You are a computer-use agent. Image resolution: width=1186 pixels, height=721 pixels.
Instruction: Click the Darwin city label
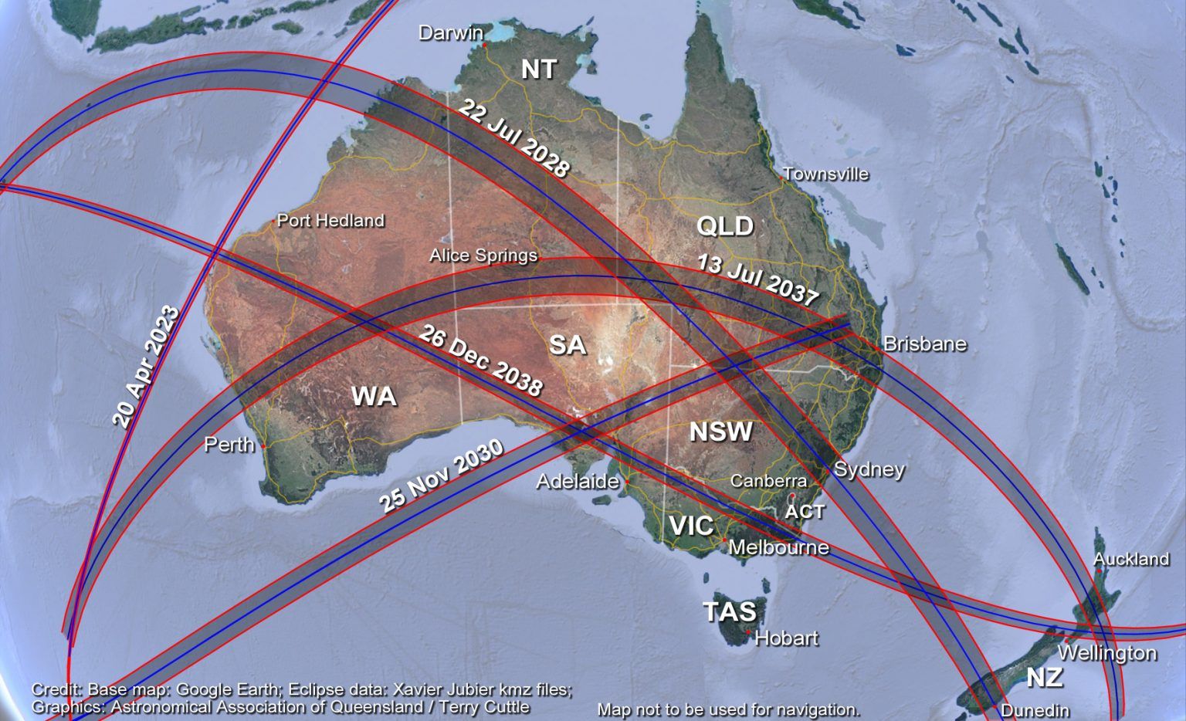click(x=451, y=33)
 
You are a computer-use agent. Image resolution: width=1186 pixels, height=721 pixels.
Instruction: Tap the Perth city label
click(x=229, y=445)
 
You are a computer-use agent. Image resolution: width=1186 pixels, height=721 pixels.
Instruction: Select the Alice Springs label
click(x=483, y=256)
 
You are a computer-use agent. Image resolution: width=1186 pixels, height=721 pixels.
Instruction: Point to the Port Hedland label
click(x=330, y=221)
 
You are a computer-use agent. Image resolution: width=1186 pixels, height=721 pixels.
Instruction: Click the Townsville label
click(x=826, y=174)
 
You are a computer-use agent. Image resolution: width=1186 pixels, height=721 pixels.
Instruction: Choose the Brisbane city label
click(x=924, y=344)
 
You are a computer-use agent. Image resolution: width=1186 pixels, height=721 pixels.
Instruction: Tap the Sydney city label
click(x=869, y=469)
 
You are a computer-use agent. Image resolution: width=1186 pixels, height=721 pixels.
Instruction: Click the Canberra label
click(x=768, y=481)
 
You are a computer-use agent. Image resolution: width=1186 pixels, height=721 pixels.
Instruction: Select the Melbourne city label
click(x=778, y=547)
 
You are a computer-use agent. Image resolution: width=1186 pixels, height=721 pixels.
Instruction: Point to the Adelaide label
click(x=578, y=482)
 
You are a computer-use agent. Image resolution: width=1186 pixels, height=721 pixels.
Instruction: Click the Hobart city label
click(x=787, y=638)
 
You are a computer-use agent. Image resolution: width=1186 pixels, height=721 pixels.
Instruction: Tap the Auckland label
click(x=1131, y=559)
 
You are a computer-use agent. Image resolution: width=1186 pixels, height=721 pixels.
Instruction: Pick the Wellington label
click(x=1107, y=653)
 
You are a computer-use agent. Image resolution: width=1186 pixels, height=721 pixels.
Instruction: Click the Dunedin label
click(x=1035, y=710)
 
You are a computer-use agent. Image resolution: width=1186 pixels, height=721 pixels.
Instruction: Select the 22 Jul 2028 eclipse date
click(x=514, y=139)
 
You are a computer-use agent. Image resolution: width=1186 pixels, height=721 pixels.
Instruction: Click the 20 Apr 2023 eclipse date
click(x=146, y=367)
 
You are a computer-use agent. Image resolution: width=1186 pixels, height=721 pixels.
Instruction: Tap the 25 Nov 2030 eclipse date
click(x=442, y=476)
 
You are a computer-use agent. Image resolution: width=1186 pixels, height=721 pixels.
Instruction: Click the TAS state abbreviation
click(x=730, y=611)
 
